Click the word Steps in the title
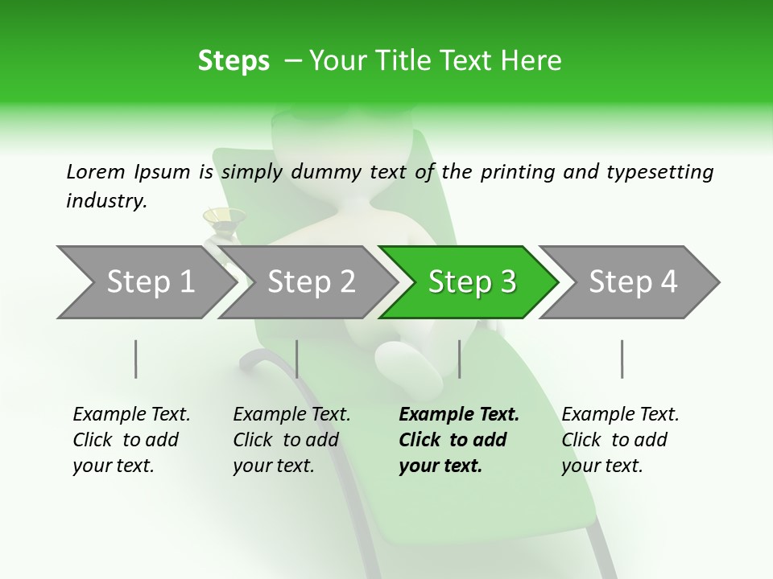tap(234, 61)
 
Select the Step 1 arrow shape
tap(145, 282)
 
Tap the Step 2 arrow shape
tap(310, 282)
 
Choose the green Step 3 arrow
tap(471, 282)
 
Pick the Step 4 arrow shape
tap(632, 282)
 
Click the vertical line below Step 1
tap(136, 359)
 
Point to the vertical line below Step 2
tap(297, 359)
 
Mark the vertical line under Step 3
tap(459, 359)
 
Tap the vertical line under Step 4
tap(622, 359)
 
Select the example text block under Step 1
tap(131, 439)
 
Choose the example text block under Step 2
tap(291, 439)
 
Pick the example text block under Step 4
tap(620, 439)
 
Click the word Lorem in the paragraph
tap(95, 171)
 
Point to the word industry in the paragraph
tap(105, 201)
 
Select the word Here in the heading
tap(532, 61)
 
